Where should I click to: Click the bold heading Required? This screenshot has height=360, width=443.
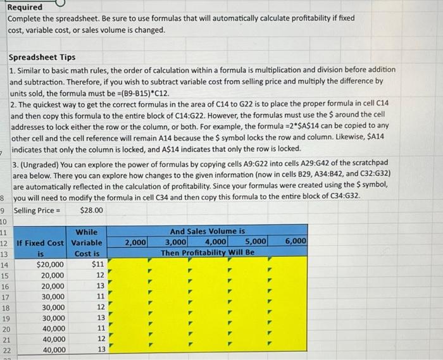pos(25,7)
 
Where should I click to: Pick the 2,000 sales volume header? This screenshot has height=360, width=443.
pos(135,242)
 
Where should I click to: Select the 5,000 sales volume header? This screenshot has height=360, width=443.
pos(256,242)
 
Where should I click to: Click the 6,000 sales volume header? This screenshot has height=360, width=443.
pos(296,242)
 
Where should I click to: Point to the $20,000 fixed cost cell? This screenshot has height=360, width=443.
pos(50,264)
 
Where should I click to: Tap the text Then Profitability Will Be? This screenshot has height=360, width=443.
pos(208,252)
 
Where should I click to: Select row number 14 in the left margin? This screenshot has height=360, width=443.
pos(4,264)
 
